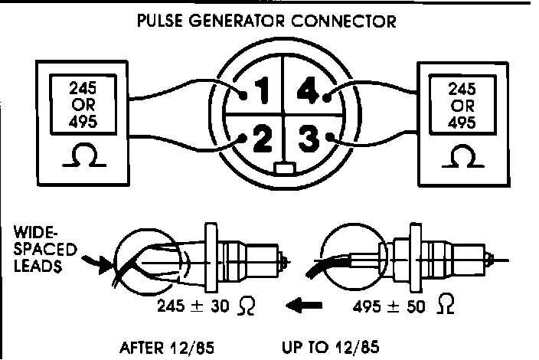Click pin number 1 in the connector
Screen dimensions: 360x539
(x=260, y=95)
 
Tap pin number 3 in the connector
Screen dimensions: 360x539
(x=308, y=141)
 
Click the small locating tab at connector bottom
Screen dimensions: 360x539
(x=284, y=168)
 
